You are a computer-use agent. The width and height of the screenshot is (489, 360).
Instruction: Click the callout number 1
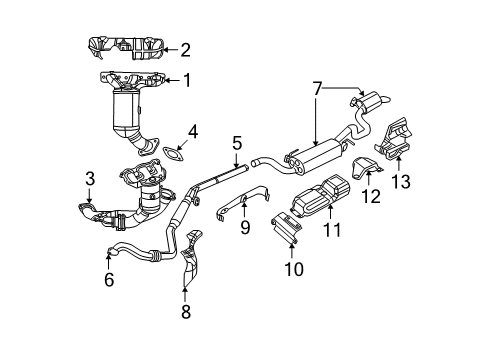[x=185, y=80]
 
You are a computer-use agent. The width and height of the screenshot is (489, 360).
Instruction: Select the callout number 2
[x=185, y=48]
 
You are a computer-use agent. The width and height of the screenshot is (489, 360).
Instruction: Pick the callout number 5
[x=236, y=145]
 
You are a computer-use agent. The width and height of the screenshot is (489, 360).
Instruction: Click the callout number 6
[x=108, y=282]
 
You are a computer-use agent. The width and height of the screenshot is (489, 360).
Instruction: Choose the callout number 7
[x=316, y=88]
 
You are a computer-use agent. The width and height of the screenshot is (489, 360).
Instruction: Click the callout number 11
[x=331, y=230]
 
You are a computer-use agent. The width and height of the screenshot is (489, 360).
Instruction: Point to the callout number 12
[x=371, y=195]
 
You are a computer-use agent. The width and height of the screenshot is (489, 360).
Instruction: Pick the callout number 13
[x=402, y=180]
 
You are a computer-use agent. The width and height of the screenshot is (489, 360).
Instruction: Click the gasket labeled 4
[x=175, y=154]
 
